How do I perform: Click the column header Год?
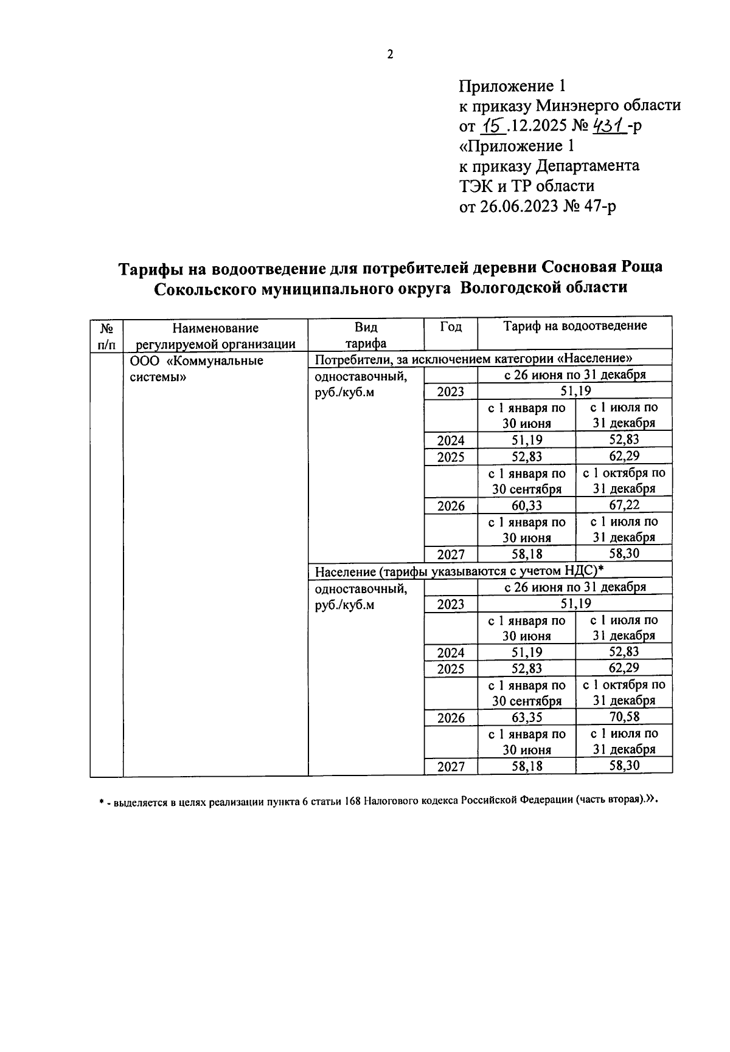pyautogui.click(x=450, y=327)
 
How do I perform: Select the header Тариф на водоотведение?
pyautogui.click(x=575, y=326)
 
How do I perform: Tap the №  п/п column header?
pyautogui.click(x=106, y=336)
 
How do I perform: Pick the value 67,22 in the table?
pyautogui.click(x=624, y=505)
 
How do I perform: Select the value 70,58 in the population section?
pyautogui.click(x=624, y=717)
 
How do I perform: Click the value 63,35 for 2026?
pyautogui.click(x=527, y=718)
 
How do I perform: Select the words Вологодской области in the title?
pyautogui.click(x=543, y=287)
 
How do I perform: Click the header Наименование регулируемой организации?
pyautogui.click(x=215, y=336)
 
